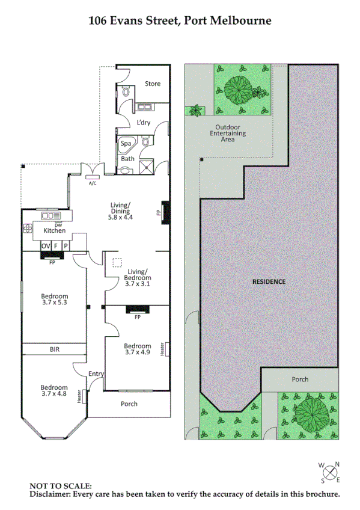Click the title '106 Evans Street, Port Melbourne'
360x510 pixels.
click(180, 20)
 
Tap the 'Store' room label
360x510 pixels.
click(153, 84)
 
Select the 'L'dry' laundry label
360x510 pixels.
click(143, 123)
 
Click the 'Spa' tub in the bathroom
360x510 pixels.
click(126, 144)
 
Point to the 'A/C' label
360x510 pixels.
click(93, 183)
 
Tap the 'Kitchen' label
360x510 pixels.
click(53, 231)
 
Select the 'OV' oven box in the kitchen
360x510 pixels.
click(46, 246)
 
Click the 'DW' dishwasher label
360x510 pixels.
click(58, 224)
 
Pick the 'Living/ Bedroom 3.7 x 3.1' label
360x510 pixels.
click(138, 275)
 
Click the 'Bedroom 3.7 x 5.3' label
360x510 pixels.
click(54, 300)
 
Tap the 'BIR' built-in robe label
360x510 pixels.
click(55, 349)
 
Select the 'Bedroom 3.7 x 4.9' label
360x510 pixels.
click(137, 349)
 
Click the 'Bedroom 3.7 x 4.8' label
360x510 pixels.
click(54, 391)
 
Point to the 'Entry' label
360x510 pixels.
click(96, 374)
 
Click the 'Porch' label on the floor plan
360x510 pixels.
click(129, 404)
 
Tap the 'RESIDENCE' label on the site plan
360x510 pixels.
click(268, 281)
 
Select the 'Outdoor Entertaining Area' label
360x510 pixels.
click(228, 134)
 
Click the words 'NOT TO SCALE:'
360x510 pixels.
click(61, 485)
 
